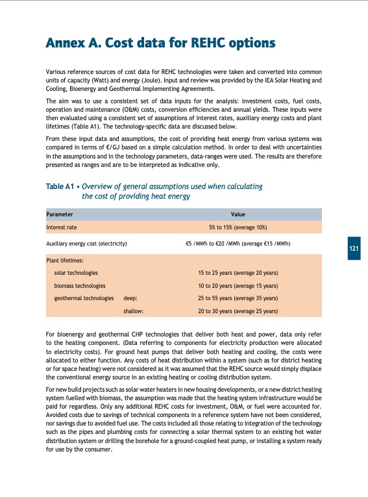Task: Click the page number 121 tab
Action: coord(353,249)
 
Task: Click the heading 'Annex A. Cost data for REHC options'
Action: coord(160,44)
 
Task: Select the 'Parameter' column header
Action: coord(60,214)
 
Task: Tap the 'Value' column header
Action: coord(238,214)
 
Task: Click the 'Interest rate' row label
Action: coord(62,227)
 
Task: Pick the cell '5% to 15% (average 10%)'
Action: coord(238,227)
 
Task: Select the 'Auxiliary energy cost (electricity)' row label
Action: coord(86,244)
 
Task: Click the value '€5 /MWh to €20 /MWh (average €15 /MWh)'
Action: coord(238,244)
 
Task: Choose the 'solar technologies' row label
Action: coord(76,274)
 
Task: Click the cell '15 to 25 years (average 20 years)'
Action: coord(238,274)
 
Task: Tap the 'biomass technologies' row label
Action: coord(80,286)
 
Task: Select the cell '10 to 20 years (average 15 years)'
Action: coord(238,286)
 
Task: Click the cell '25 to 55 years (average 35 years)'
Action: coord(238,298)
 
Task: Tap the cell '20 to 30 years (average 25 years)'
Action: coord(238,311)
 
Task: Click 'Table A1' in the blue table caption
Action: coord(60,186)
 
